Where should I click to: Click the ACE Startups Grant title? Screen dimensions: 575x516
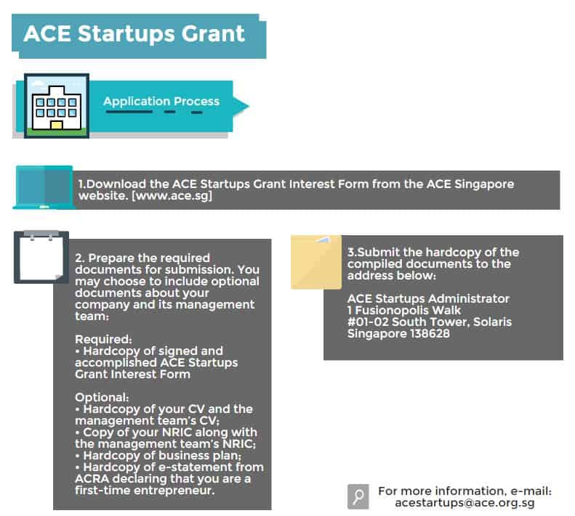pos(134,33)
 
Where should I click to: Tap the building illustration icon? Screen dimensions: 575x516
pos(57,106)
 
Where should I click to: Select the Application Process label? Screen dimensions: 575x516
pos(161,101)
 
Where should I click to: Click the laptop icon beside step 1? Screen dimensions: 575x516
pos(44,187)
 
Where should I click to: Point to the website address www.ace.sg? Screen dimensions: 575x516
pos(172,195)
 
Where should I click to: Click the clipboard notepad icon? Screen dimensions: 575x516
pos(41,257)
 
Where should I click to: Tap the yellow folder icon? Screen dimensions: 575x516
pos(316,262)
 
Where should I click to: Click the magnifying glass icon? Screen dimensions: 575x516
pos(358,496)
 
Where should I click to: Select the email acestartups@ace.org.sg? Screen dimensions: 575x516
pos(465,503)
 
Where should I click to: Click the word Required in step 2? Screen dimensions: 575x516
pos(103,339)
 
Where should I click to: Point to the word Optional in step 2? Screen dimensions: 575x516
pos(102,398)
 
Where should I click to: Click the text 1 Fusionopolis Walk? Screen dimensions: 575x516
pos(404,311)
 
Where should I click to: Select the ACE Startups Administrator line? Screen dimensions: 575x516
pos(428,299)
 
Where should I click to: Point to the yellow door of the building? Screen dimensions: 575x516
pos(57,126)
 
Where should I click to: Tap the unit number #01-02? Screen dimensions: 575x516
pos(368,322)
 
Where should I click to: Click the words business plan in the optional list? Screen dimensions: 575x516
pos(199,456)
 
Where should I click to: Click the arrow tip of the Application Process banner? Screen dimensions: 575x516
pos(249,106)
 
